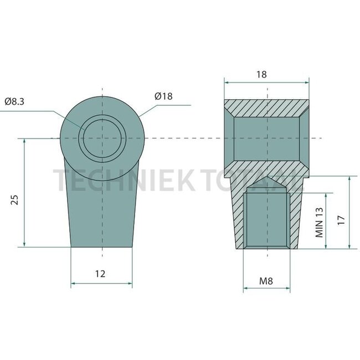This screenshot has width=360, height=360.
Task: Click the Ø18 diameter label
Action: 164,96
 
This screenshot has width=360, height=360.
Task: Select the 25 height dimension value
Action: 16,199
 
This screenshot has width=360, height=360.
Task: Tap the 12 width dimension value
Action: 100,273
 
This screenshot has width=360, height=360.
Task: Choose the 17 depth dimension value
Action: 342,219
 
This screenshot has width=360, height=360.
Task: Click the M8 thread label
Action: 266,281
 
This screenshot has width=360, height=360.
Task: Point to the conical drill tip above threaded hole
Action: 266,184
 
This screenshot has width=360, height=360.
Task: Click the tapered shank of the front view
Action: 102,205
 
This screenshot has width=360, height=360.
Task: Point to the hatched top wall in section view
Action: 266,107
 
